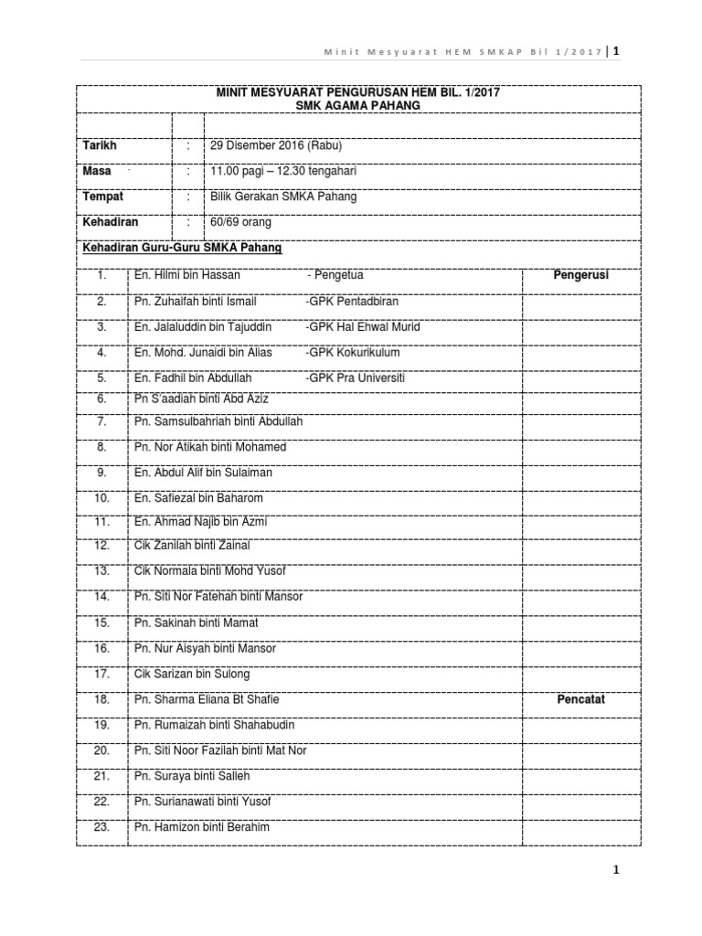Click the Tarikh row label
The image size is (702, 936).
click(x=101, y=145)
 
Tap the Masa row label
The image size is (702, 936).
click(x=97, y=171)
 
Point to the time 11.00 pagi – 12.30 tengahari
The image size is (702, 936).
click(x=283, y=171)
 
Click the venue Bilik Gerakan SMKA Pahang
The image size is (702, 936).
click(x=283, y=197)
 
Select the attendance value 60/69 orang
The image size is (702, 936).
click(x=241, y=222)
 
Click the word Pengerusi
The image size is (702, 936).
click(x=581, y=274)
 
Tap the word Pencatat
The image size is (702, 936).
click(x=581, y=699)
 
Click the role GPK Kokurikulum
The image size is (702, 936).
click(x=353, y=352)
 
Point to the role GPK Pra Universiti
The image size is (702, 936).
click(x=356, y=378)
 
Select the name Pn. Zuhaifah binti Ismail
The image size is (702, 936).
click(x=196, y=301)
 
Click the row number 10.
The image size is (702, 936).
click(x=101, y=498)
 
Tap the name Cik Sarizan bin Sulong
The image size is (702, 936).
click(x=191, y=674)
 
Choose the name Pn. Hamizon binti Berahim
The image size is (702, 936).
click(x=202, y=827)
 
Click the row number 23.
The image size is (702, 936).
click(x=101, y=827)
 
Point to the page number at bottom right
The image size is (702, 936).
click(x=617, y=870)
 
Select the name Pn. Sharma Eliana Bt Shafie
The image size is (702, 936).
click(x=207, y=699)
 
